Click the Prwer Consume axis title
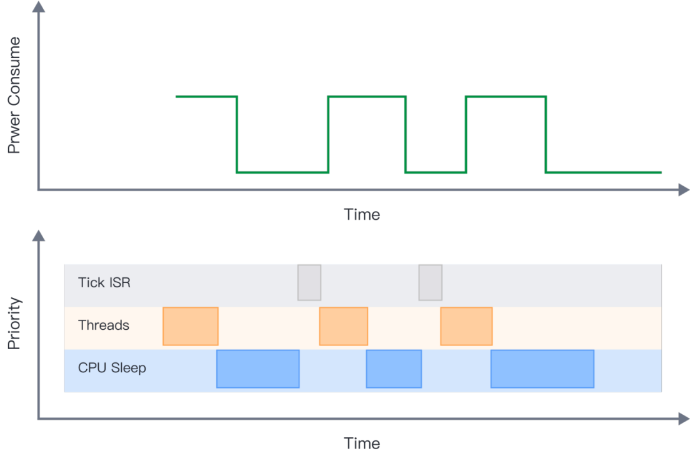pos(14,95)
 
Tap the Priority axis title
pos(14,324)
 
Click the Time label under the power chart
pos(362,215)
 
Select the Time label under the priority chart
pos(362,444)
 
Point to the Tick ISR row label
pos(104,282)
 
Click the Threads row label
pos(103,325)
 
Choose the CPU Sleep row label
pos(112,368)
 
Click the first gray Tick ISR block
pos(309,282)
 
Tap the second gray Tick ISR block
pos(431,282)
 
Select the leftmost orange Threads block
pos(191,326)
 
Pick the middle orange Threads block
pos(344,326)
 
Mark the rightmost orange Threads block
pos(466,326)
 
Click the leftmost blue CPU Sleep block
pos(258,369)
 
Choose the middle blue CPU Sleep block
pos(394,369)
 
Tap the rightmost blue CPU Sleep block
pos(542,369)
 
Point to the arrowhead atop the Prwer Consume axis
pos(39,6)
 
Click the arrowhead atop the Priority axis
pos(39,235)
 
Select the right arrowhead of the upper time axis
pos(684,190)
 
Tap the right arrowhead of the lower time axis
pos(684,419)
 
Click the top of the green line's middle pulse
pos(367,96)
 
